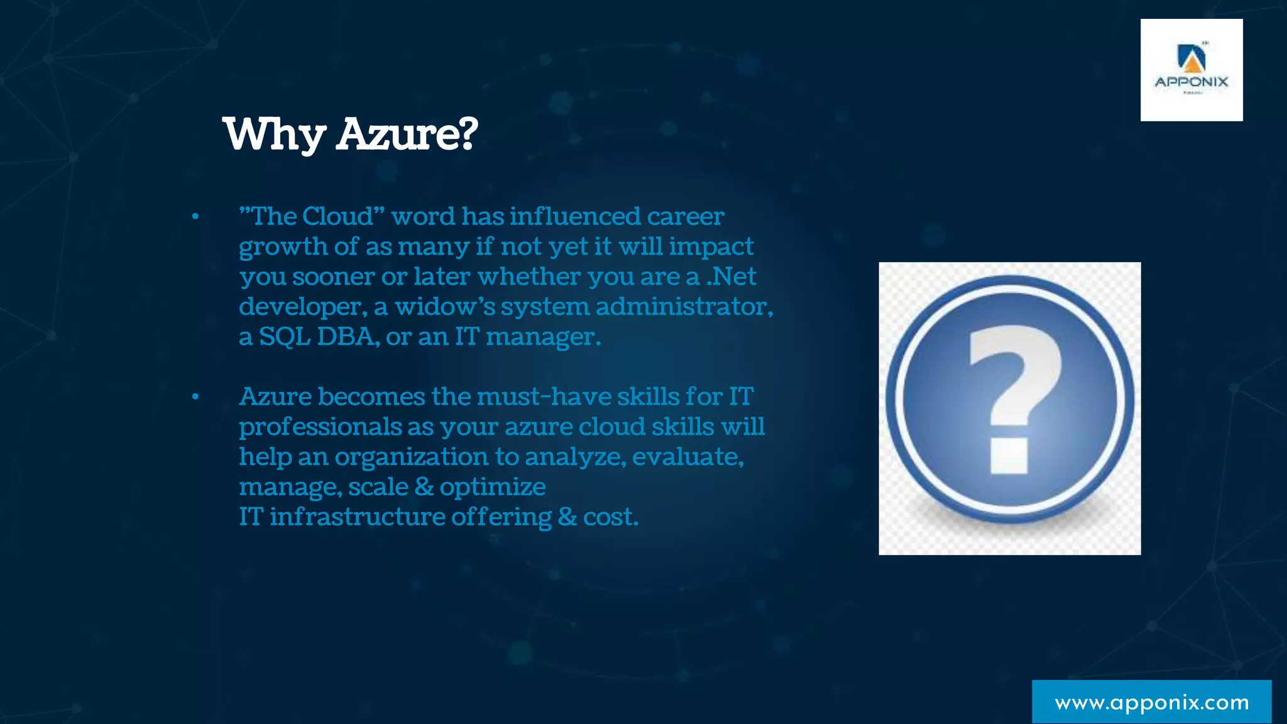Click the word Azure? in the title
point(407,134)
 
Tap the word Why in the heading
point(274,134)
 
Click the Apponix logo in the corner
point(1191,70)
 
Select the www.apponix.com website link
point(1151,702)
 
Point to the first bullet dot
point(195,217)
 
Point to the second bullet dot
point(195,397)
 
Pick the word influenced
point(574,217)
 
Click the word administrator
point(684,307)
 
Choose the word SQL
point(285,337)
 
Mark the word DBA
point(348,337)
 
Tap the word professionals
point(320,427)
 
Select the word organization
point(411,457)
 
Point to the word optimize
point(493,487)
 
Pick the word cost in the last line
point(610,517)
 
